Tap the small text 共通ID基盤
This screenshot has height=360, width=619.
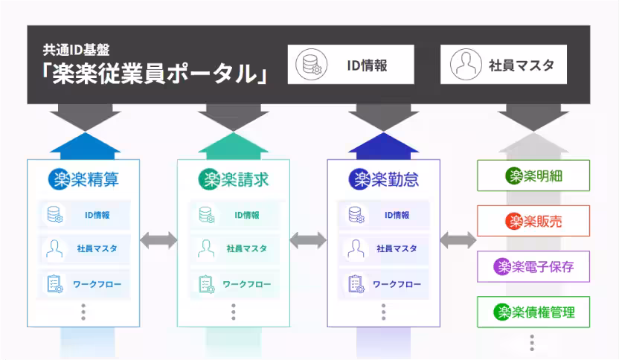tap(76, 50)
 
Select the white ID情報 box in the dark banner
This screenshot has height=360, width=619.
tap(351, 65)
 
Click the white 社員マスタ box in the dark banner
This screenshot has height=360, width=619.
tap(504, 65)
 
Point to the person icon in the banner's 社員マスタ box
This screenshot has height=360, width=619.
tap(466, 65)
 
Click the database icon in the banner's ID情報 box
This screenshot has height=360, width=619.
tap(309, 65)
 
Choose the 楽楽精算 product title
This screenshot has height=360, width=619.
tap(83, 179)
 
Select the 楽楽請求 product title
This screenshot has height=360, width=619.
tap(233, 179)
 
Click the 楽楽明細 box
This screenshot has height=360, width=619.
tap(533, 176)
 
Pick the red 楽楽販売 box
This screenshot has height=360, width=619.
tap(533, 221)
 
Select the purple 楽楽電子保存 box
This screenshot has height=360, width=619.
tap(533, 266)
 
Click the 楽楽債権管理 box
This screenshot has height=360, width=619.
tap(533, 312)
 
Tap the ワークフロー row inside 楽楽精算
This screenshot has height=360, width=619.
tap(83, 284)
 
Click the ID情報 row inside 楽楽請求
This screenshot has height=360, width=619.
tap(233, 215)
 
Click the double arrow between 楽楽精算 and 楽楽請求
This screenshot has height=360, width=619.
tap(158, 240)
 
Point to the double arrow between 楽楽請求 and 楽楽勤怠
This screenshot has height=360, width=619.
tap(308, 240)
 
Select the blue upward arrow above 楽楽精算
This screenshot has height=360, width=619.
tap(83, 145)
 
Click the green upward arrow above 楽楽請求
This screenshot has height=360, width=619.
tap(233, 145)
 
